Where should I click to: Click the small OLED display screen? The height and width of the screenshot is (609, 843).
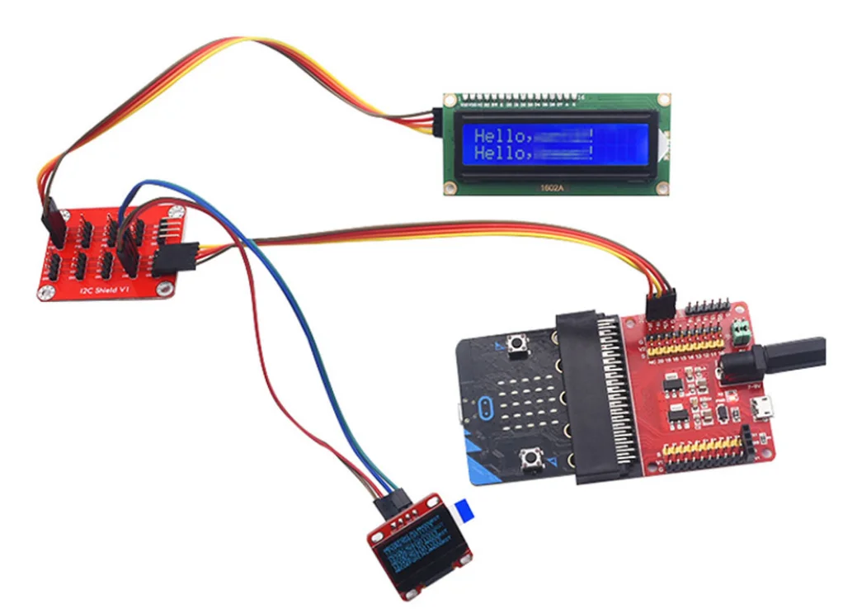click(420, 552)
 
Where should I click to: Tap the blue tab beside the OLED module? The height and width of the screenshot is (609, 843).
click(464, 511)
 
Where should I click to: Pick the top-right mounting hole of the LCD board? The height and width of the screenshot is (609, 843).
click(662, 100)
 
